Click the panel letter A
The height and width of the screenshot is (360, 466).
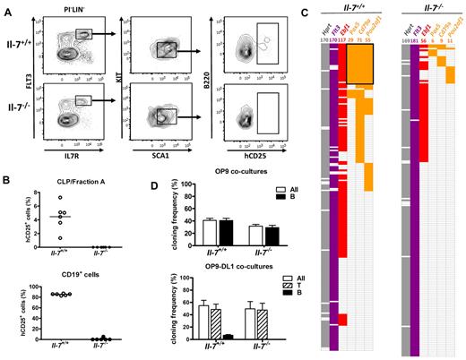pyautogui.click(x=7, y=6)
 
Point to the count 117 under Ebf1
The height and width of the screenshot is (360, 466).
pyautogui.click(x=346, y=40)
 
